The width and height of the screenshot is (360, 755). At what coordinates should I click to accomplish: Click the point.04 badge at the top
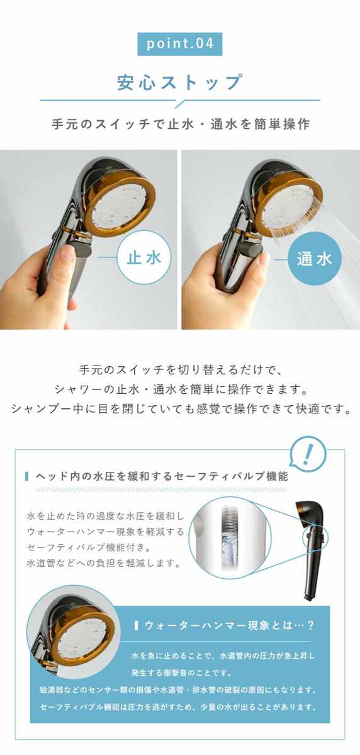coord(179,44)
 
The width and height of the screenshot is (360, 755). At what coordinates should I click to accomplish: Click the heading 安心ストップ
coord(179,82)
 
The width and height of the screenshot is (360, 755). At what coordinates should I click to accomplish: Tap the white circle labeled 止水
coord(144,257)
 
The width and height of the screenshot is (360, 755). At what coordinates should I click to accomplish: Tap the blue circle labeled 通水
coord(315,259)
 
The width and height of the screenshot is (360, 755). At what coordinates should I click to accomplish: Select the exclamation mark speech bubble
coord(308,454)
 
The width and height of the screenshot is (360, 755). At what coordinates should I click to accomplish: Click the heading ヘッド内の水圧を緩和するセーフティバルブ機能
coord(162,476)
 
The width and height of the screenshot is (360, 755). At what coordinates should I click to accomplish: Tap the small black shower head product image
coord(311,550)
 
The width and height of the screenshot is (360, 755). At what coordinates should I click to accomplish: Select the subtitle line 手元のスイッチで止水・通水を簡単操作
coord(181,124)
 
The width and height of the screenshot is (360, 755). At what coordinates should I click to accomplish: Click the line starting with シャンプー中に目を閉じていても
coord(181,409)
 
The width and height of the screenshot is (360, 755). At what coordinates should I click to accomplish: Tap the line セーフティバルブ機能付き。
coord(89,547)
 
